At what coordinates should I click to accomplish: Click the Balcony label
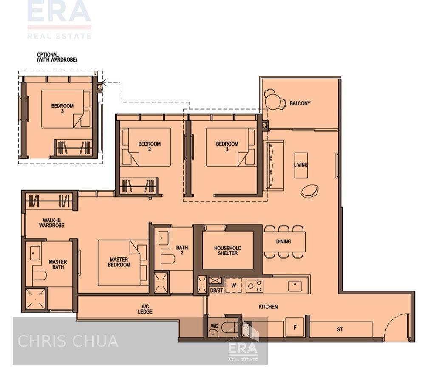pyautogui.click(x=300, y=103)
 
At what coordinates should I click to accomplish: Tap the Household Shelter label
pyautogui.click(x=227, y=251)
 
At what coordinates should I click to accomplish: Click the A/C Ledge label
pyautogui.click(x=145, y=309)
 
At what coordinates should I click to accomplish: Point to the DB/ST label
pyautogui.click(x=216, y=291)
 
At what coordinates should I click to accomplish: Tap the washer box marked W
pyautogui.click(x=233, y=285)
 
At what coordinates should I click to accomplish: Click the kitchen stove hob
pyautogui.click(x=255, y=286)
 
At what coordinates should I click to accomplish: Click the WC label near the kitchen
pyautogui.click(x=215, y=326)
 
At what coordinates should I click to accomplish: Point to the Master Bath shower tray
pyautogui.click(x=35, y=300)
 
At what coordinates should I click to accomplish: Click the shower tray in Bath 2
pyautogui.click(x=161, y=283)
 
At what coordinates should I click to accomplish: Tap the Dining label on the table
pyautogui.click(x=283, y=242)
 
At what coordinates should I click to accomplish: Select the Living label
pyautogui.click(x=301, y=165)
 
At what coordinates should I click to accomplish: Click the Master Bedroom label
pyautogui.click(x=119, y=262)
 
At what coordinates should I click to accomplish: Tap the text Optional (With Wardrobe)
pyautogui.click(x=57, y=57)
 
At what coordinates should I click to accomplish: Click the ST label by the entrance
pyautogui.click(x=340, y=329)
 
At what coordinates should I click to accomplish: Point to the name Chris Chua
pyautogui.click(x=68, y=341)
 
